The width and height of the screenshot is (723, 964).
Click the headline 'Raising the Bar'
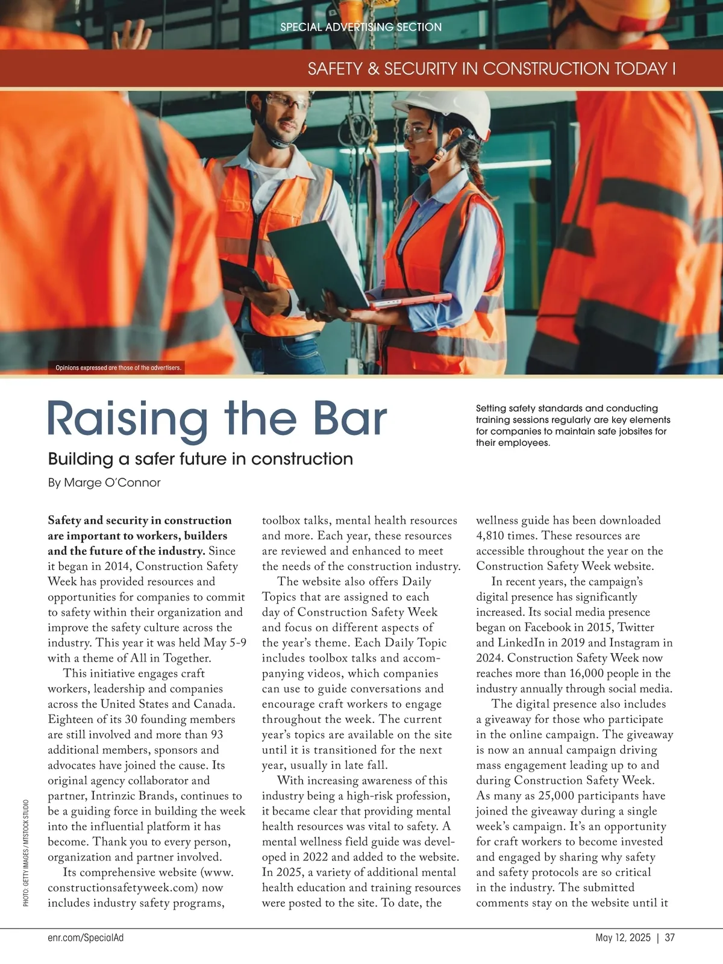click(x=217, y=419)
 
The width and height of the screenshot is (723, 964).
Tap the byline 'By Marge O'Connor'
click(x=104, y=483)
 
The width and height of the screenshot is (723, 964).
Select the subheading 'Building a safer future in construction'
click(x=200, y=459)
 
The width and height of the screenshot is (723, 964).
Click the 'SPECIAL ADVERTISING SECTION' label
click(x=361, y=27)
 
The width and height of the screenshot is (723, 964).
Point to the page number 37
click(x=670, y=937)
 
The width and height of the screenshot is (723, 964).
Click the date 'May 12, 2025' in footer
click(x=623, y=937)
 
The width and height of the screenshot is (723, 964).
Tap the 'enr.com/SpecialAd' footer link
click(x=86, y=937)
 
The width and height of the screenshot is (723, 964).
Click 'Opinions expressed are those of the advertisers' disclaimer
click(x=118, y=368)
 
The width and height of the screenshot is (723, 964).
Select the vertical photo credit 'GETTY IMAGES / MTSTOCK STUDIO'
click(x=26, y=853)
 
